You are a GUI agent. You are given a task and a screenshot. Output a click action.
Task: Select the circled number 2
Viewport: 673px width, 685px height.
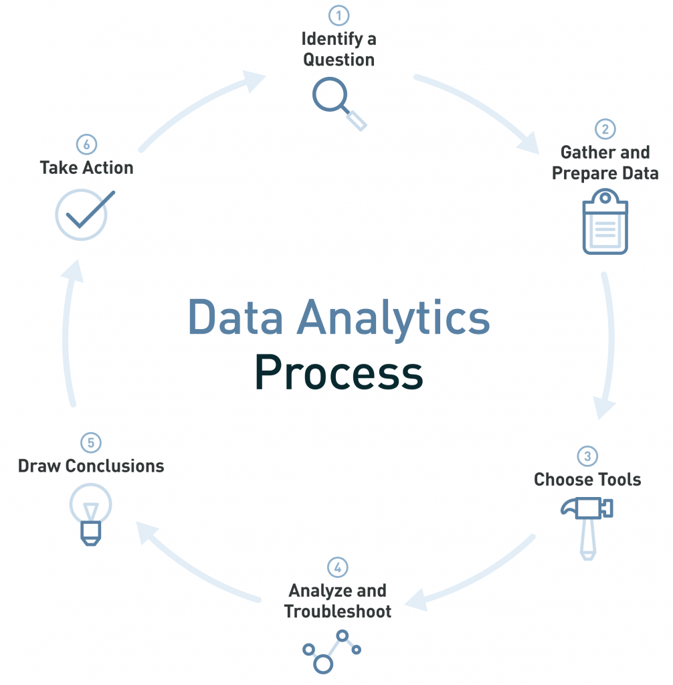605,129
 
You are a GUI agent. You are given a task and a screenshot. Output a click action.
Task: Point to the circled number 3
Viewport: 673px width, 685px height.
587,457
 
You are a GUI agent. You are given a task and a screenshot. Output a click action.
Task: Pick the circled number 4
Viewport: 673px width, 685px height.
338,568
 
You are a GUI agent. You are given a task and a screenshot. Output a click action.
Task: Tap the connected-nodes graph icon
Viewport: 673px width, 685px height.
332,649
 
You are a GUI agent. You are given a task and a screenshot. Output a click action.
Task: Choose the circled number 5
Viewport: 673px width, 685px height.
90,443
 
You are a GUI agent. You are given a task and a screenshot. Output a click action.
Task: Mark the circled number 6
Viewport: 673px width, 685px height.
86,144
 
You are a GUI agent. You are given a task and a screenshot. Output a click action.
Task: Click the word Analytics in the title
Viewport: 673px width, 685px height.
395,317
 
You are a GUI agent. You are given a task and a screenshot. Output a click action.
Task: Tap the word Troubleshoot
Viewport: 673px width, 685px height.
338,611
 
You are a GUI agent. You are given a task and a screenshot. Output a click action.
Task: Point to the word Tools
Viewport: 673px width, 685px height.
617,480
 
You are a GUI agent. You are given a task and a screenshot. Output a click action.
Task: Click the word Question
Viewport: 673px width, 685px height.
339,60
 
